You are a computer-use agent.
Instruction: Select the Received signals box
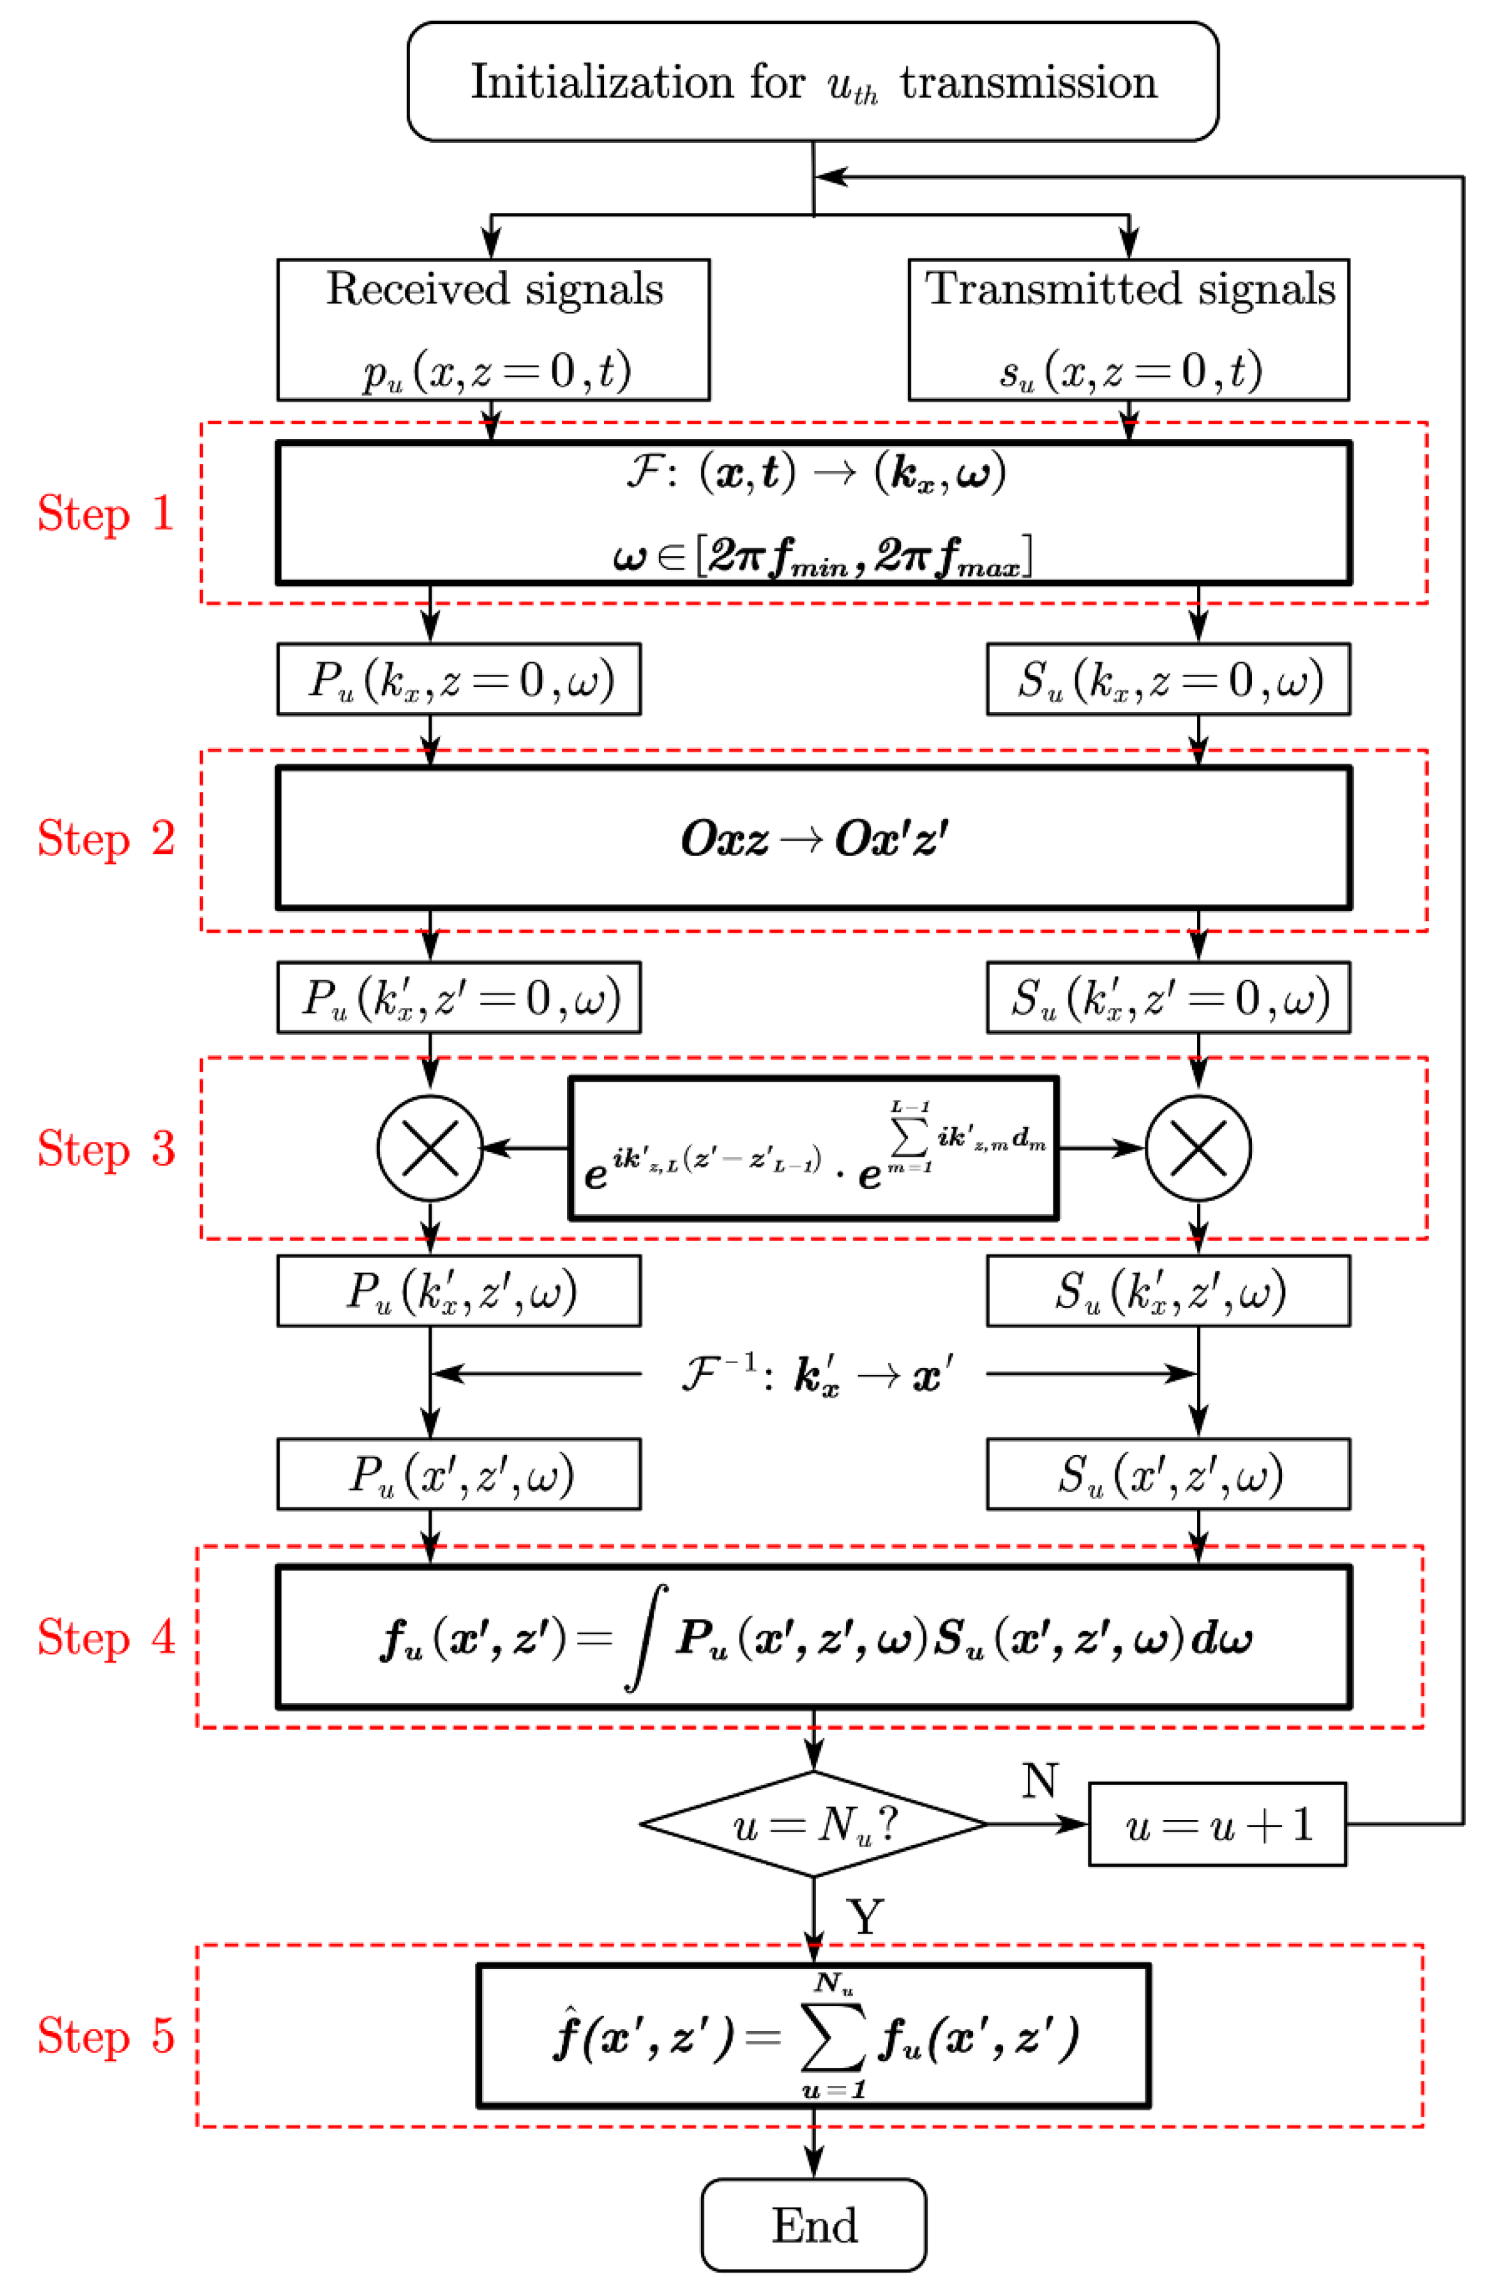pos(493,329)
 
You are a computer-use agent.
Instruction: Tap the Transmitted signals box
pos(1128,329)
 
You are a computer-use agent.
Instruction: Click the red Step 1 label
pos(106,513)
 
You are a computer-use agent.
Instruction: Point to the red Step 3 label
pos(106,1149)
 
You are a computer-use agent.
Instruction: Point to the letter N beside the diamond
pos(1040,1781)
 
